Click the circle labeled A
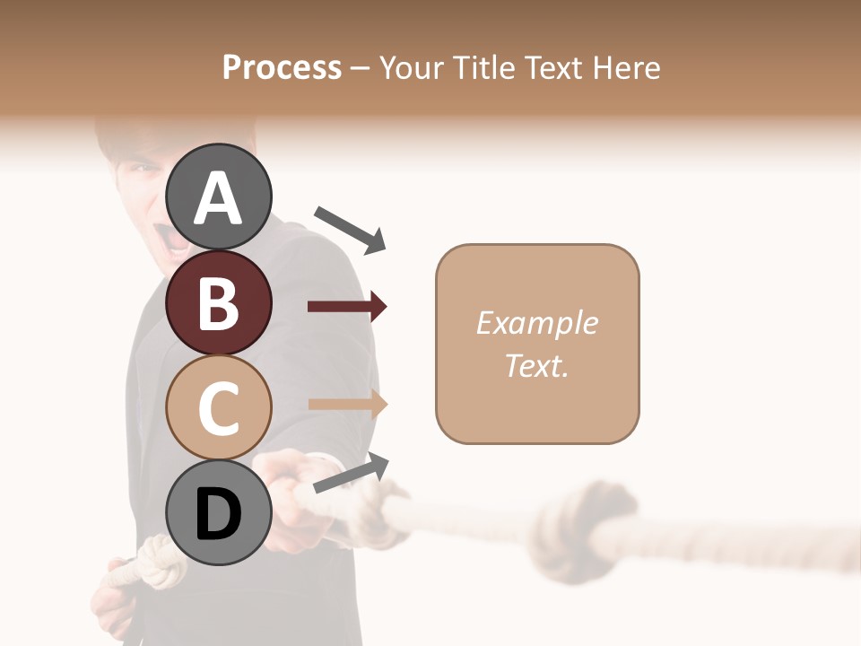(219, 196)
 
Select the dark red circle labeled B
(219, 302)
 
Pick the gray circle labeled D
(219, 513)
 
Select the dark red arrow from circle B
(347, 307)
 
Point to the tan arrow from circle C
(348, 405)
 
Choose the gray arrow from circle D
(351, 473)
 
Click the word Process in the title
(282, 67)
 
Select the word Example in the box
(536, 323)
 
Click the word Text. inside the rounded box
(536, 365)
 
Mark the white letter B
(219, 302)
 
